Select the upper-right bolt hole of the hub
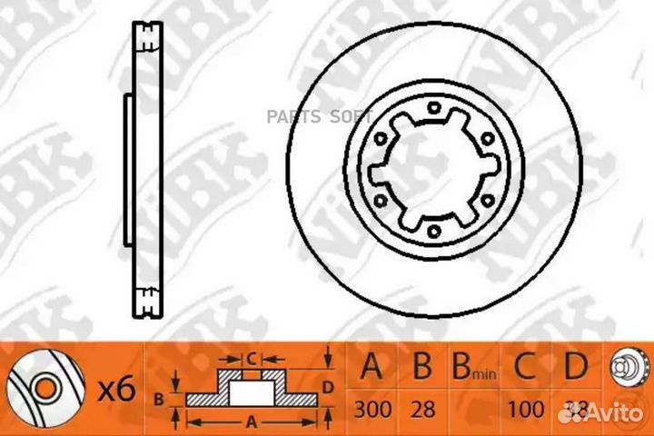tap(486, 140)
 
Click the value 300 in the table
tap(374, 409)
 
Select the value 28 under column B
tap(421, 409)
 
